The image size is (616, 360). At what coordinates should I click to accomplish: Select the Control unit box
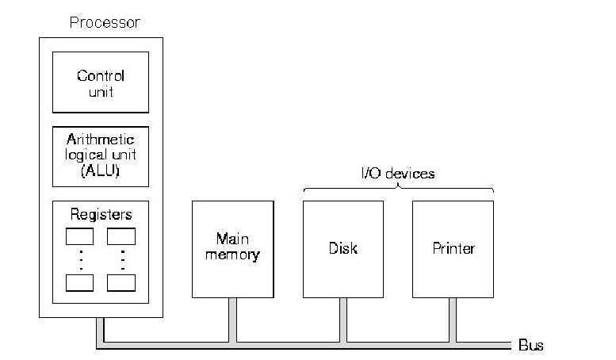(100, 82)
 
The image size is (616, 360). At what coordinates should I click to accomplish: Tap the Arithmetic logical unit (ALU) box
(100, 156)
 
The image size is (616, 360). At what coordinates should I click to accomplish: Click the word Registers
(100, 214)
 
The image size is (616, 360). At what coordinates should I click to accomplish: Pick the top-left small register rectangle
(79, 236)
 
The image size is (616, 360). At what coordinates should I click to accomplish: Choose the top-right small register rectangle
(121, 236)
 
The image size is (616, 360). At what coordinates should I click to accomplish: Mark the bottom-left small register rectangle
(79, 282)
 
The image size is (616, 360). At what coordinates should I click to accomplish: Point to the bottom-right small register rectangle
(121, 282)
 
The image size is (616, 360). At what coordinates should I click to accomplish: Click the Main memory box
(232, 248)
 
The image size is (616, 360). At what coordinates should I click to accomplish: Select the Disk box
(342, 248)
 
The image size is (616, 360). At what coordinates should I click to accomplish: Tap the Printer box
(453, 248)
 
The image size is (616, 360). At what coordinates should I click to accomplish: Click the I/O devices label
(398, 173)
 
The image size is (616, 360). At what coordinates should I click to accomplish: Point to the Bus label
(530, 346)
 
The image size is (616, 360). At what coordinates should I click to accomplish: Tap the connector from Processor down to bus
(100, 331)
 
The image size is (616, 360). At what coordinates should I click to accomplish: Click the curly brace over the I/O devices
(398, 189)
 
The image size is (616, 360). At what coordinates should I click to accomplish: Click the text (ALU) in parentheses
(100, 170)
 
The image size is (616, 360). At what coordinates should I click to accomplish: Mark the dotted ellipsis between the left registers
(79, 259)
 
